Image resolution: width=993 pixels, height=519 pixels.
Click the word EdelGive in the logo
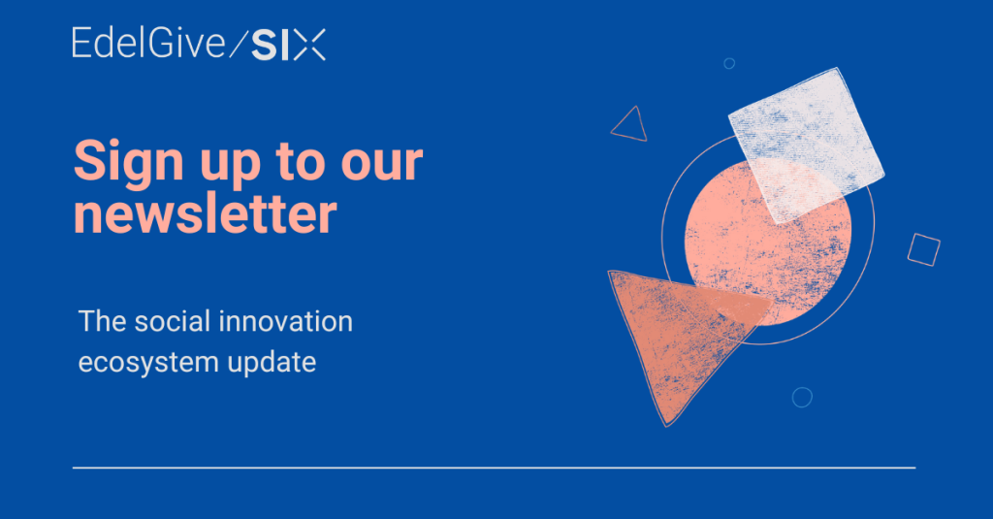pos(148,43)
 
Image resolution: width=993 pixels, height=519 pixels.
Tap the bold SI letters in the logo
pos(265,46)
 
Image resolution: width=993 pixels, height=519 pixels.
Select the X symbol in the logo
pos(309,45)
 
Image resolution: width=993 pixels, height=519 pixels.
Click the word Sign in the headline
pos(129,162)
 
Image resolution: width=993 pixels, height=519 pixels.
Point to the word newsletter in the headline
pos(206,214)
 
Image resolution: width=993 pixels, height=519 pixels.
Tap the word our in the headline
pos(382,163)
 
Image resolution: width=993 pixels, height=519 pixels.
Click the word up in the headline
pos(231,166)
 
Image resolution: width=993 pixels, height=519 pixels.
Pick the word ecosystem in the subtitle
pos(148,363)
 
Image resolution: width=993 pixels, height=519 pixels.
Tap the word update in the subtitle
pos(272,363)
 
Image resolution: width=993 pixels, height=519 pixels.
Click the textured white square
pos(806,146)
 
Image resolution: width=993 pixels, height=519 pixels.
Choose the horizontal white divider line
pos(494,468)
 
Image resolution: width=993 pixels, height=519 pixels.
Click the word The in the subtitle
pos(102,321)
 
